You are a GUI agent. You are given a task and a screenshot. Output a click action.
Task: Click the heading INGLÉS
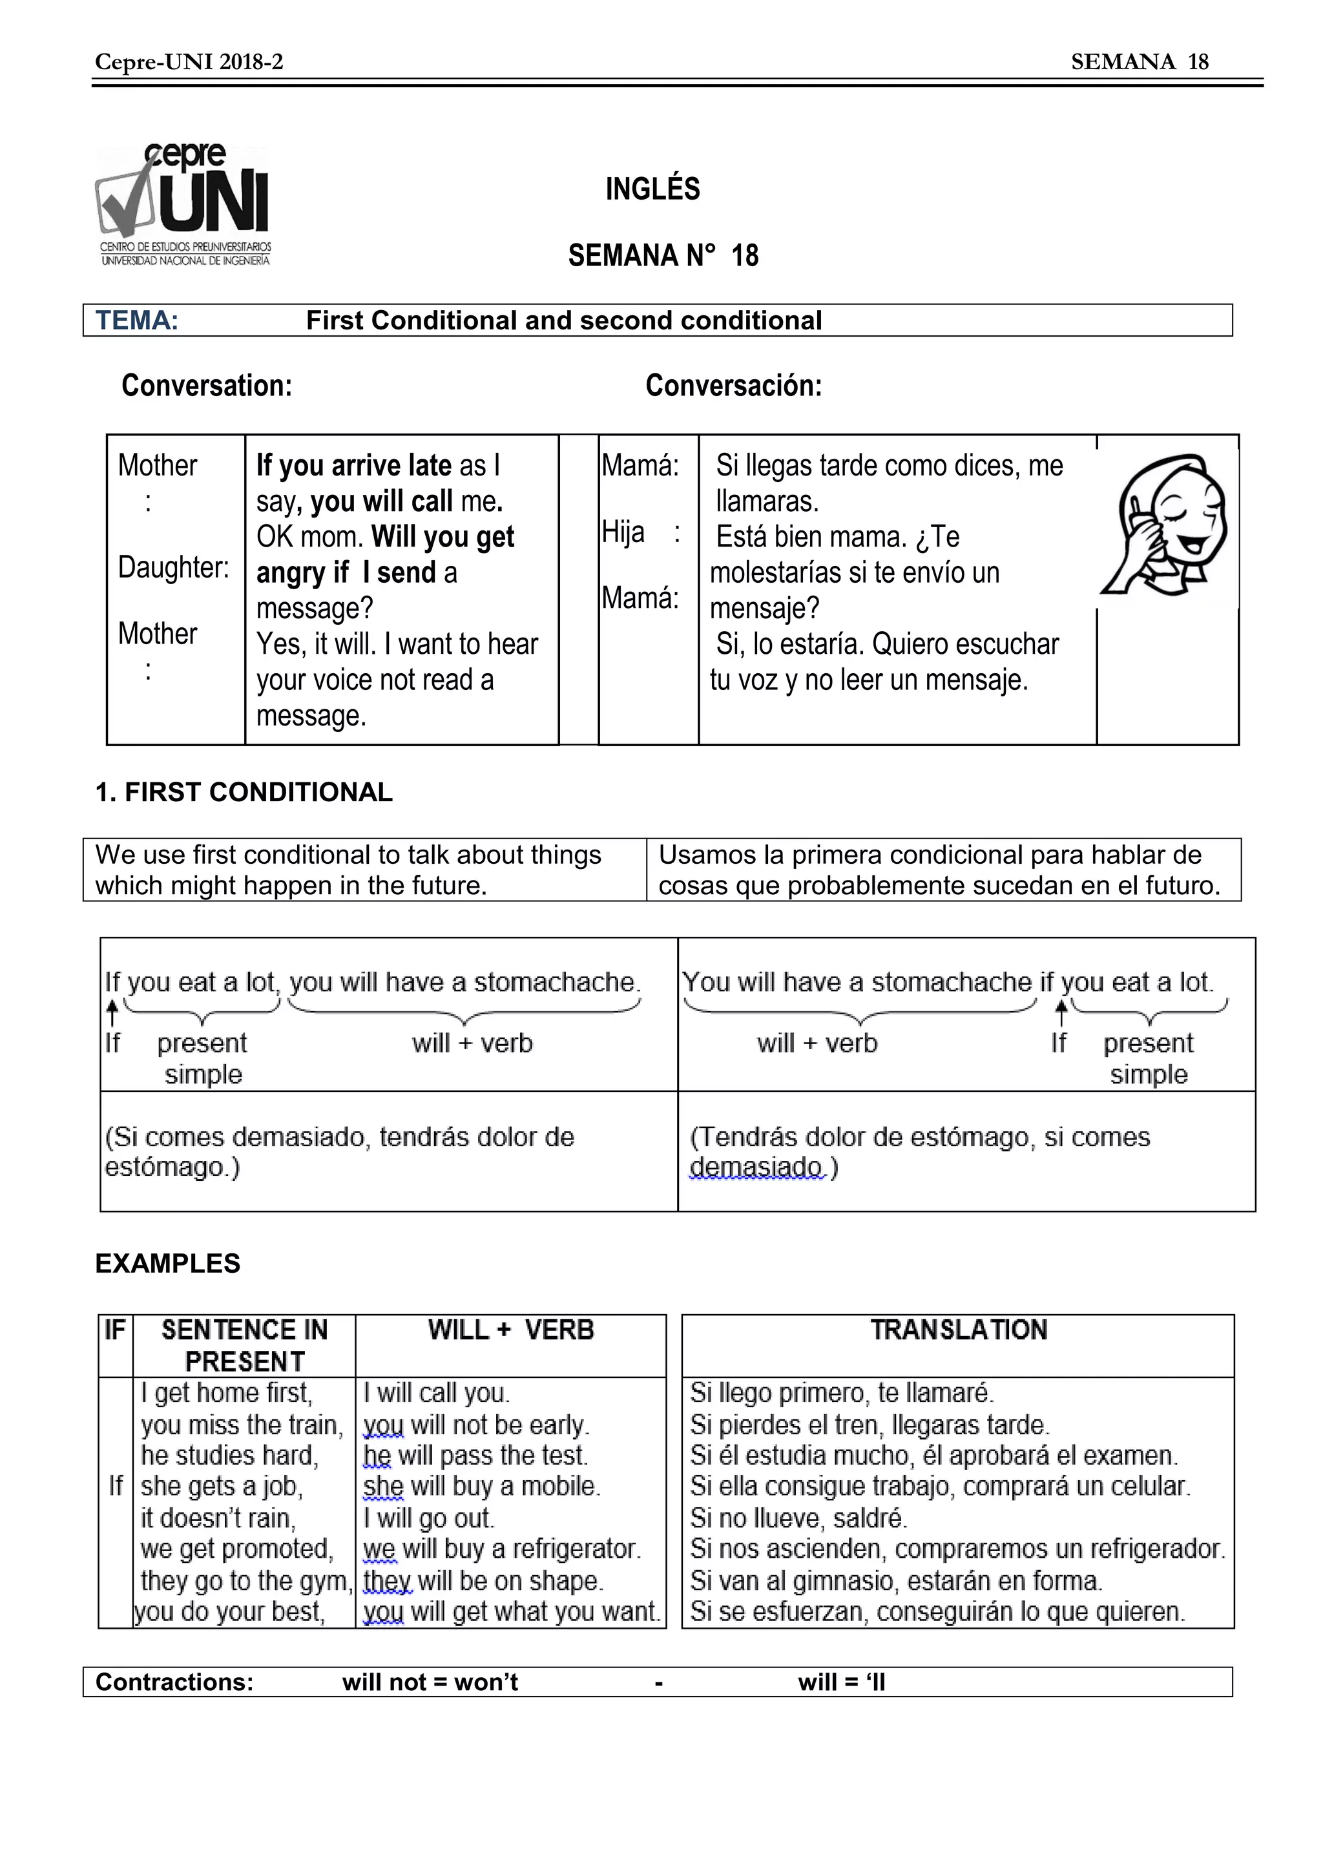pyautogui.click(x=652, y=189)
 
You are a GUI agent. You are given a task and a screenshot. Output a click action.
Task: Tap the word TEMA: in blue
pyautogui.click(x=137, y=320)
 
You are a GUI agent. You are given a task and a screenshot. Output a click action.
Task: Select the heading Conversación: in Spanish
pyautogui.click(x=733, y=386)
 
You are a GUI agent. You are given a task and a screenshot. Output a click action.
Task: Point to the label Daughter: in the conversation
pyautogui.click(x=174, y=567)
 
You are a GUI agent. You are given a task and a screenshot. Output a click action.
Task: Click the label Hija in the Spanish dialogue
pyautogui.click(x=623, y=533)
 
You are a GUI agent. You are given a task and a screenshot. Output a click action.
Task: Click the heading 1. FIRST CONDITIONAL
pyautogui.click(x=244, y=792)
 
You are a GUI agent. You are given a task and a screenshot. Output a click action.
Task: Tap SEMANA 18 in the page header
pyautogui.click(x=1139, y=62)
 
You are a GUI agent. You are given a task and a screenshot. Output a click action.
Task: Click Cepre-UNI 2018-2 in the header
pyautogui.click(x=189, y=62)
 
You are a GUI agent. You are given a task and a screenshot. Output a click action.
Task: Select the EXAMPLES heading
pyautogui.click(x=168, y=1263)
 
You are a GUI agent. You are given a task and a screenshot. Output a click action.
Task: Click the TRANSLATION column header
pyautogui.click(x=958, y=1330)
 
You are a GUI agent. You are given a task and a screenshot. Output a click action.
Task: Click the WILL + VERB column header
pyautogui.click(x=511, y=1330)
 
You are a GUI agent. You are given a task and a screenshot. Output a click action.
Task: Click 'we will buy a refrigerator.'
pyautogui.click(x=502, y=1549)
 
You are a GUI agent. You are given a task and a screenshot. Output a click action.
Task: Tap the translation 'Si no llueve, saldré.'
pyautogui.click(x=798, y=1518)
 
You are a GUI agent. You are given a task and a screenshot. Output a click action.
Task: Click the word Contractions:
pyautogui.click(x=174, y=1682)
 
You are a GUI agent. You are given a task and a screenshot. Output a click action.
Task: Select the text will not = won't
pyautogui.click(x=430, y=1682)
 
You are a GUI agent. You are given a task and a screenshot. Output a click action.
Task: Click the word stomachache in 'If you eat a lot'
pyautogui.click(x=554, y=982)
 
